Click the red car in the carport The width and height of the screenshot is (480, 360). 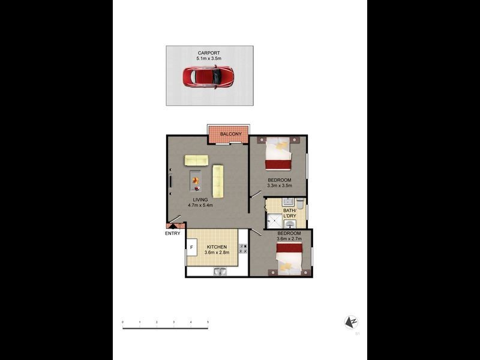[208, 76]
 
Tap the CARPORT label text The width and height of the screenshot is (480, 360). [209, 53]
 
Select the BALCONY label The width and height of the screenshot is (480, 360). [230, 134]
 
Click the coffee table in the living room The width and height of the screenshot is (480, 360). [196, 178]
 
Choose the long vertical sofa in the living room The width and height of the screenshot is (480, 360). [217, 181]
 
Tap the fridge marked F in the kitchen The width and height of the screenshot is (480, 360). [191, 247]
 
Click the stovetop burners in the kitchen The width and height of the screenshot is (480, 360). [243, 247]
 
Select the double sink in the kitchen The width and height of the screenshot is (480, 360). [220, 272]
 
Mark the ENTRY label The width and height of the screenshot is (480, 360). [172, 233]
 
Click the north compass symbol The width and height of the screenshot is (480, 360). [351, 322]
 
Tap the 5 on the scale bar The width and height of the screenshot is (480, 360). [208, 323]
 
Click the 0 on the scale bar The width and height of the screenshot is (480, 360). [122, 323]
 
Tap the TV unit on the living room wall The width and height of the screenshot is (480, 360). [170, 181]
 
